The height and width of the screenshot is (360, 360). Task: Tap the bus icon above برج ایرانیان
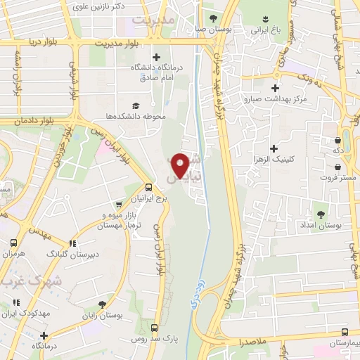pos(148,188)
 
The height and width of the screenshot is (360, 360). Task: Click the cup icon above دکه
pos(345,139)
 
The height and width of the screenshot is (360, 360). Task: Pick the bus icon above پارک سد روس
pos(155,328)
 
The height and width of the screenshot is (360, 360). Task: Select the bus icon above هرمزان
pos(13,243)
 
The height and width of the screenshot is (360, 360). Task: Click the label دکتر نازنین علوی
pos(99,6)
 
